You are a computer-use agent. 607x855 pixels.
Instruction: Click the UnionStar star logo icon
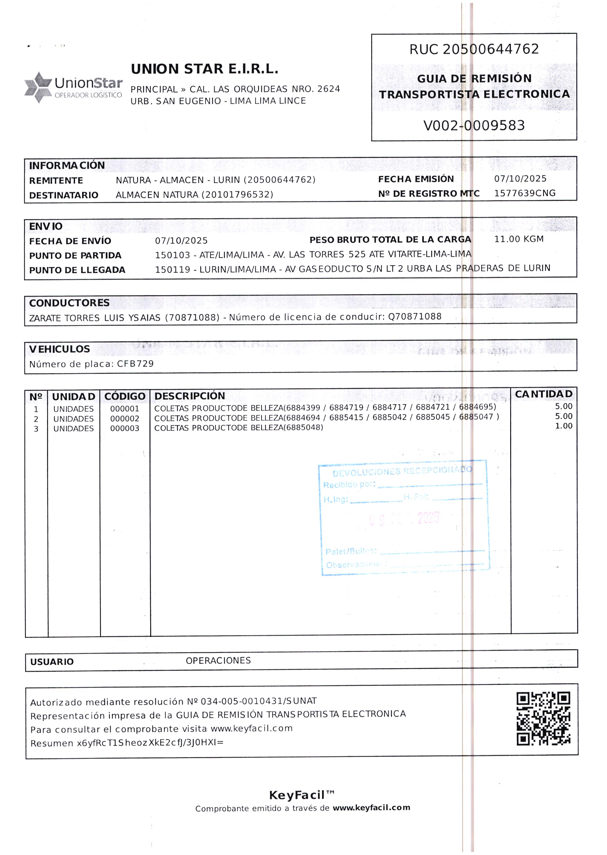pos(38,87)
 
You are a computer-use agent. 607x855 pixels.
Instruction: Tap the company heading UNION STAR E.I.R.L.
pos(204,69)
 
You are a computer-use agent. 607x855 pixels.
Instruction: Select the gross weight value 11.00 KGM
pos(518,239)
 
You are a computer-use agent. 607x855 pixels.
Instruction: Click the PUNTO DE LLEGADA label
pos(77,270)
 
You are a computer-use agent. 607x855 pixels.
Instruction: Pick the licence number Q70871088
pos(415,317)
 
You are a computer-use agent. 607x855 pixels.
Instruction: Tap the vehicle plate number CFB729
pos(135,364)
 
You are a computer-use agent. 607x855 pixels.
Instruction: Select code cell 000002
pos(124,419)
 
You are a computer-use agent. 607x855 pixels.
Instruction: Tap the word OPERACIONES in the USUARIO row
pos(218,660)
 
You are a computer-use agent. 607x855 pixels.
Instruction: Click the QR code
pos(543,719)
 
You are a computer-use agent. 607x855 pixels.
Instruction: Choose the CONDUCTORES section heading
pos(69,303)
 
